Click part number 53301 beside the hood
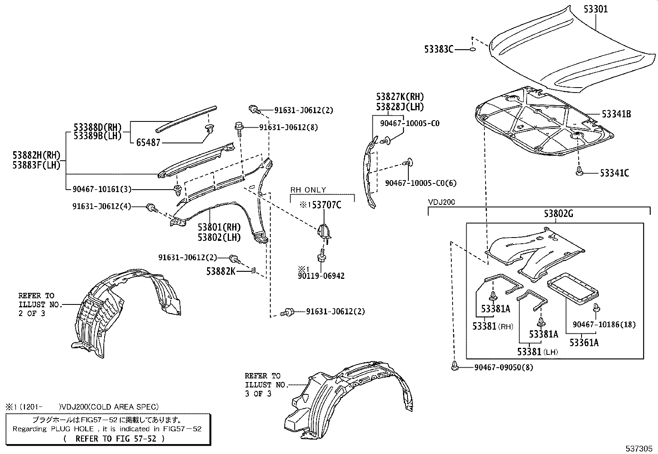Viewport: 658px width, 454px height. [596, 9]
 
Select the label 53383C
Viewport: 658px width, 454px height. [439, 50]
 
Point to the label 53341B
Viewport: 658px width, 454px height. [616, 114]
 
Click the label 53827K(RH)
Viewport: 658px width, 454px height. [400, 97]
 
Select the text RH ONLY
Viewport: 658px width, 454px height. [308, 190]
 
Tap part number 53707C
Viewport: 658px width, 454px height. [326, 205]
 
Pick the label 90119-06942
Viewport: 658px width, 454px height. [321, 276]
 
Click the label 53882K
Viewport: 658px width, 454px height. [221, 271]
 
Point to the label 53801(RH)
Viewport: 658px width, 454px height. [219, 227]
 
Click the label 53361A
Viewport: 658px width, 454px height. [584, 342]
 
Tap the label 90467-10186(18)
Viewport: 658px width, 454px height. [604, 325]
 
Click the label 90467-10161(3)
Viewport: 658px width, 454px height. [102, 189]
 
